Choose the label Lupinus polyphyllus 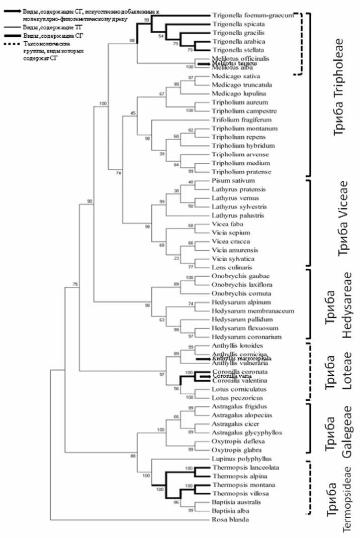(236, 459)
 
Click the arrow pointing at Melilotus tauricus (203, 64)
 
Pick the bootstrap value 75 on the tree (75, 285)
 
